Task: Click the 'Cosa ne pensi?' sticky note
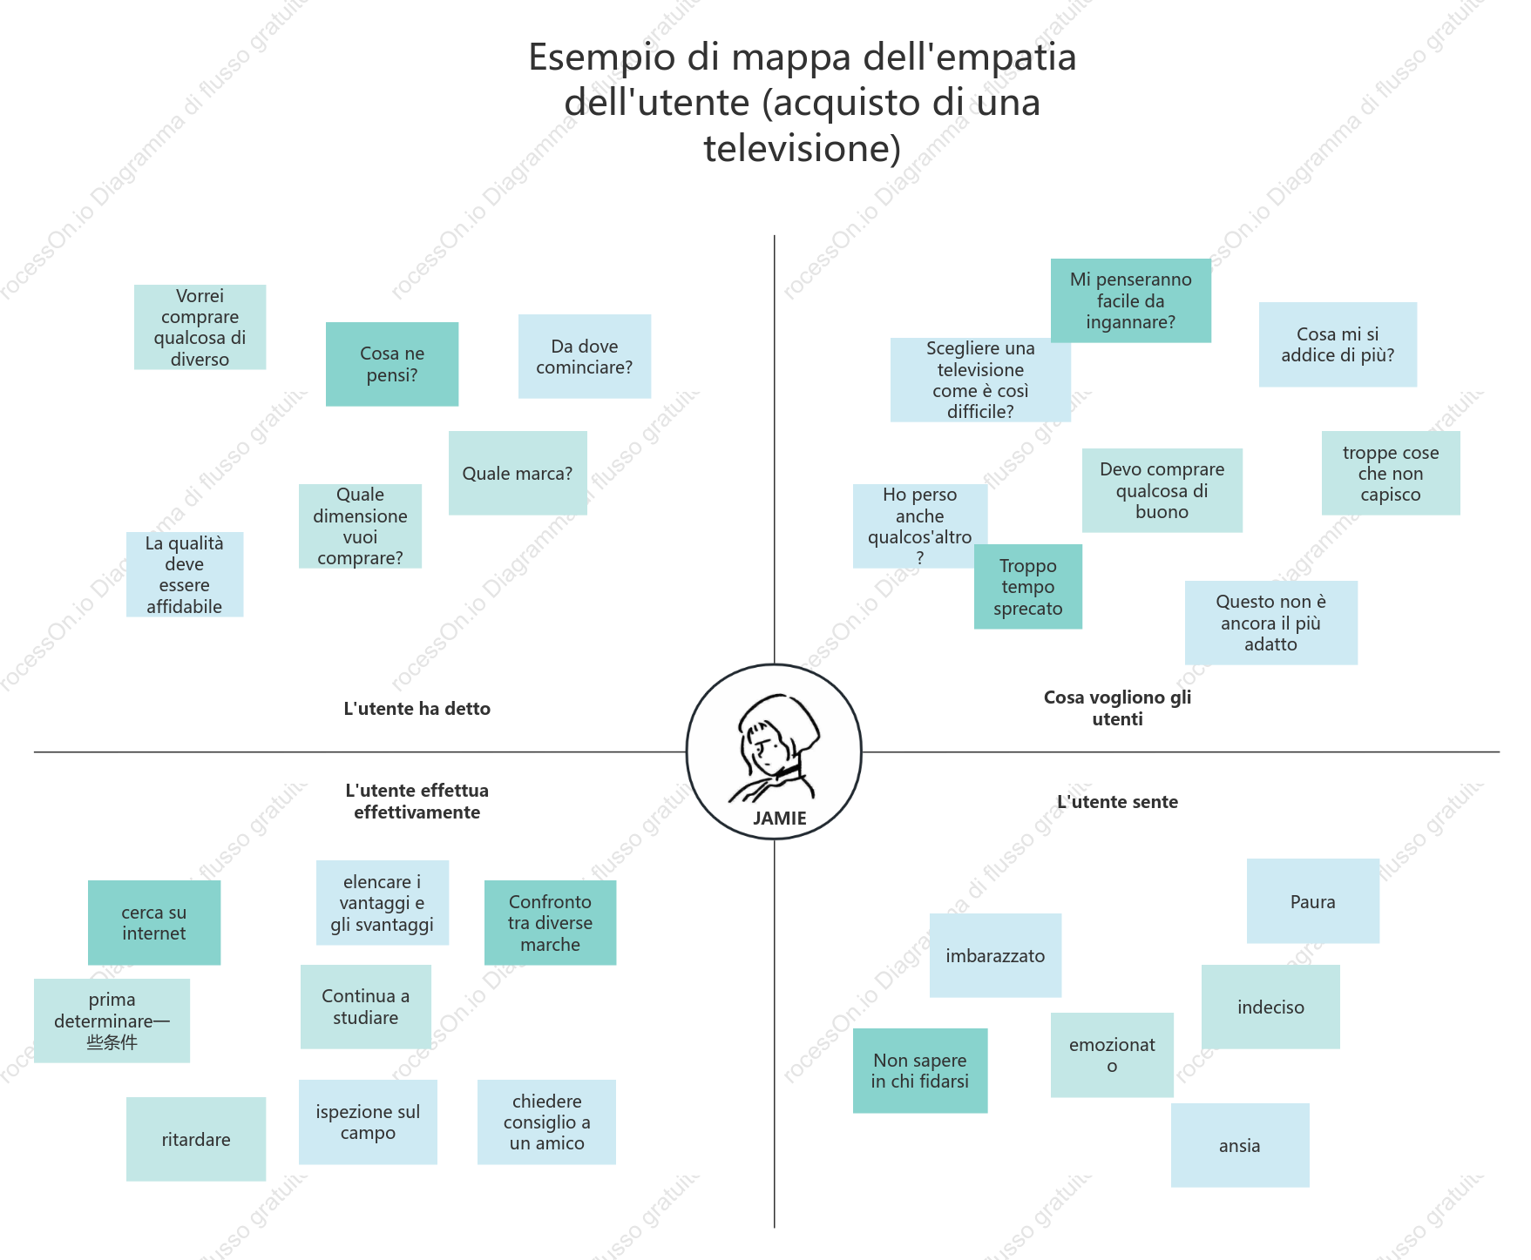(392, 364)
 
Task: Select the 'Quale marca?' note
(518, 473)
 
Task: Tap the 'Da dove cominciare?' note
(585, 356)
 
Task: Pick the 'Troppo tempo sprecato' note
(1028, 586)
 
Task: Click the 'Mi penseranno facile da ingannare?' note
(1131, 300)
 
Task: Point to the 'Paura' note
(1313, 901)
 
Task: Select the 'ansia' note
(1240, 1145)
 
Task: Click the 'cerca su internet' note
(154, 923)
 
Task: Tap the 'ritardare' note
(196, 1139)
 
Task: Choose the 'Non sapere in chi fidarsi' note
(920, 1070)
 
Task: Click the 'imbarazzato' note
(995, 955)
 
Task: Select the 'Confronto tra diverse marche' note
(550, 923)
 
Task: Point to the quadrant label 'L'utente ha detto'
(417, 709)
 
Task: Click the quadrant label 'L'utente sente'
(1118, 802)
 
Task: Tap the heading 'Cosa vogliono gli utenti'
(1118, 708)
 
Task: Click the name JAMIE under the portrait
(780, 819)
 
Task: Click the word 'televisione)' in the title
(803, 148)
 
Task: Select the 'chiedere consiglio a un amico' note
(547, 1122)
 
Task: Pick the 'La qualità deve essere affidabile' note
(185, 575)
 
